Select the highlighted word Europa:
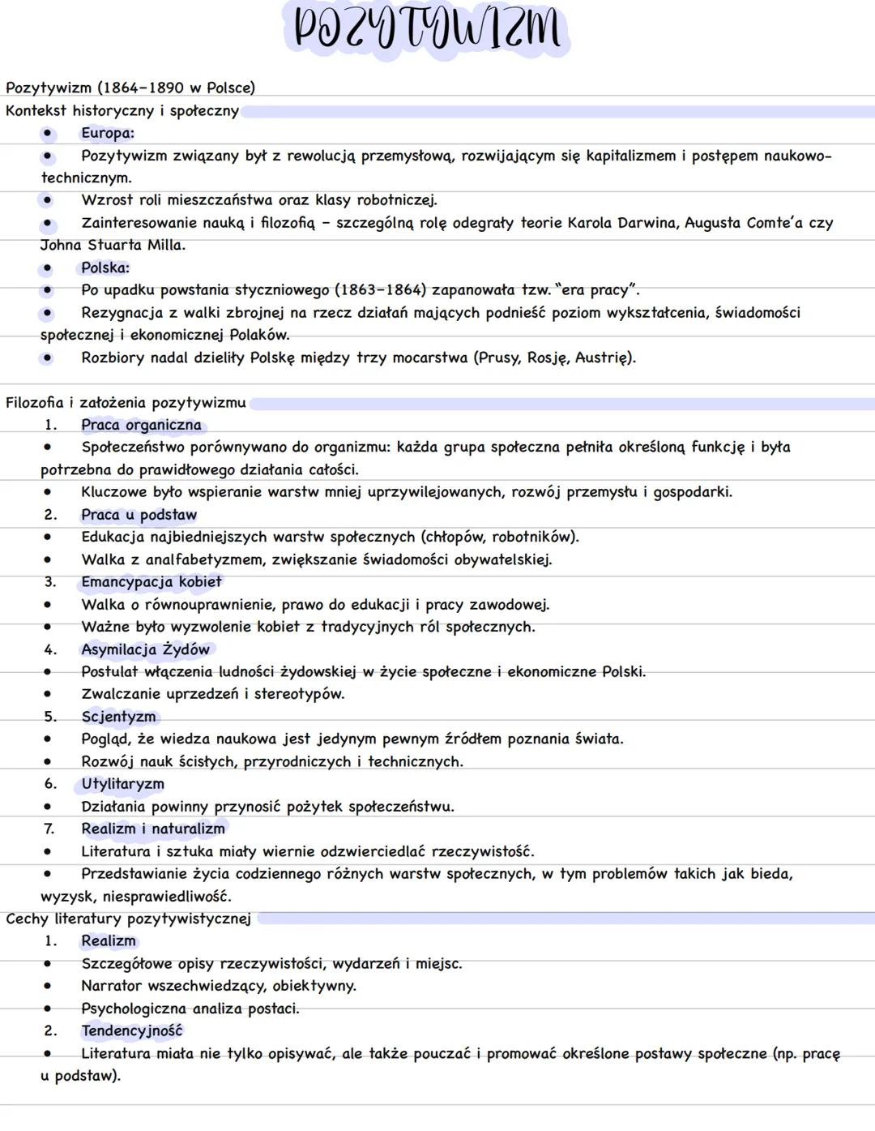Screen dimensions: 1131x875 coord(107,133)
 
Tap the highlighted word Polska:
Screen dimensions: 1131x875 coord(105,268)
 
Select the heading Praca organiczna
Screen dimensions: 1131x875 coord(141,425)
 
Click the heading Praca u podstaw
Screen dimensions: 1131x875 coord(139,515)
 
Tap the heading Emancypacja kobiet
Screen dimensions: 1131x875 coord(151,582)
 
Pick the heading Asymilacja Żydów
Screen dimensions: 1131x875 coord(145,649)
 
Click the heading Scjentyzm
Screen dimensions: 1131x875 coord(118,717)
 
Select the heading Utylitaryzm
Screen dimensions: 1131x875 coord(122,784)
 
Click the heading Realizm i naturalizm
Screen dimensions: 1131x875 coord(152,829)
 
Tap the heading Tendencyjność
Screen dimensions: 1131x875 coord(131,1031)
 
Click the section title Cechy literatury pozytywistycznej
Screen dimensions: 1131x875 coord(128,919)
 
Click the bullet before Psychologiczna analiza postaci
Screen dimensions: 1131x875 coord(48,1009)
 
